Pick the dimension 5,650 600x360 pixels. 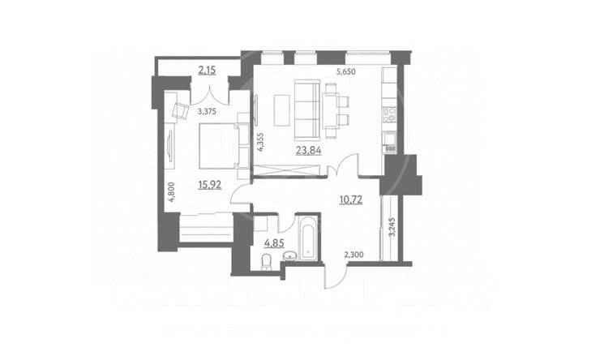[x=348, y=71]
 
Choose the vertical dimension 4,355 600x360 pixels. [x=260, y=143]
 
